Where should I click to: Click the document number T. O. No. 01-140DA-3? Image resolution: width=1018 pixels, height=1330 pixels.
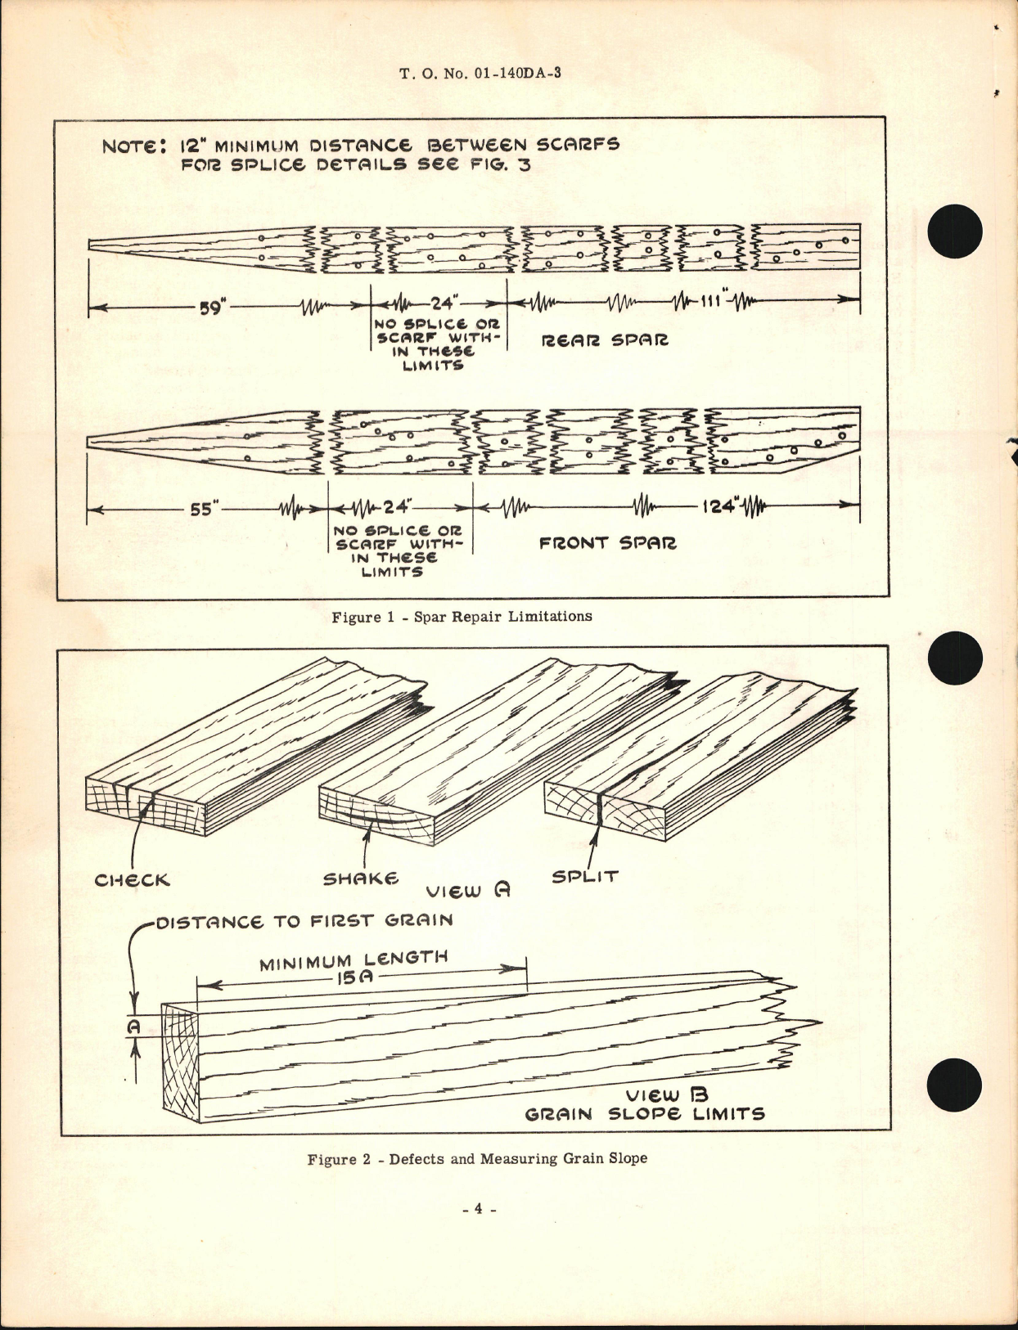[480, 74]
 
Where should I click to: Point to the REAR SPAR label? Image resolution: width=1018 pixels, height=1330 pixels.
[605, 339]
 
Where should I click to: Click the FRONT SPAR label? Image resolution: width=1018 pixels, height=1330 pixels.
[607, 542]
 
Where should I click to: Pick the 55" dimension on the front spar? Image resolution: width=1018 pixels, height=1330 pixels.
[201, 510]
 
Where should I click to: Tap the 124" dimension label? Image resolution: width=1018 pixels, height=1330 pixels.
[719, 505]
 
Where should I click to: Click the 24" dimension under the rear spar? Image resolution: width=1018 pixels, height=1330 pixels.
[442, 303]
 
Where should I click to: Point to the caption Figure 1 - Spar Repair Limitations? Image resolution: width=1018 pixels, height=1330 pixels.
[462, 617]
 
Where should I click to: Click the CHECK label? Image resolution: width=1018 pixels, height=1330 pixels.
[132, 881]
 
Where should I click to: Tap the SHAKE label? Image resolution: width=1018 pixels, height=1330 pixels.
[361, 879]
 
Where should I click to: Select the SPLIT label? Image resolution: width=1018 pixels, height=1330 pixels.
[584, 876]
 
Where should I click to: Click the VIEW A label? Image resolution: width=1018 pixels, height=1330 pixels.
[466, 892]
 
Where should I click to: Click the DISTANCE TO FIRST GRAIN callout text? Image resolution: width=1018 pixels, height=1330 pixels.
[304, 922]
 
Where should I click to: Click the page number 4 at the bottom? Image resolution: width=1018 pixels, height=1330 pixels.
[480, 1209]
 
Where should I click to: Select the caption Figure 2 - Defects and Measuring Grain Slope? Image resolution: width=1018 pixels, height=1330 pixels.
[477, 1159]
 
